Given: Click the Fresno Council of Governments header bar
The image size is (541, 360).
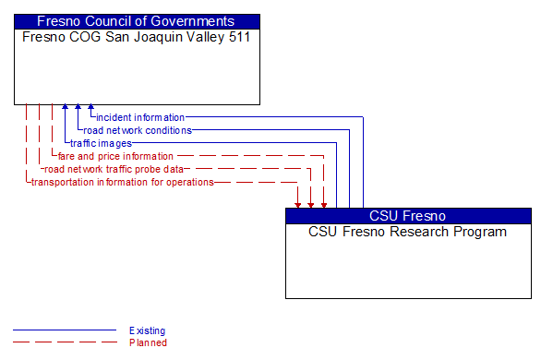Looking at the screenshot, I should click(137, 21).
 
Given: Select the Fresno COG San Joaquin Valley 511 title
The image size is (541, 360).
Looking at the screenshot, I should click(136, 38).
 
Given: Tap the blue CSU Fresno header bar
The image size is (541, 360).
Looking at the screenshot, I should click(408, 216).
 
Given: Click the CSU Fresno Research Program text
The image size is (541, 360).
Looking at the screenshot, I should click(407, 232).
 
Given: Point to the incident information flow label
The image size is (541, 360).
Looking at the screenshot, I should click(140, 117).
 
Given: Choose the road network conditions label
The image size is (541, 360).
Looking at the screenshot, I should click(138, 130).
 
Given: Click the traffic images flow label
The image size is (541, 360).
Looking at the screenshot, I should click(101, 143).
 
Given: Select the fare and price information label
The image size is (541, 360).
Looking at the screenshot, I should click(115, 156).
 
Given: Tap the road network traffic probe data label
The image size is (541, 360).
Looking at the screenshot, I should click(114, 169).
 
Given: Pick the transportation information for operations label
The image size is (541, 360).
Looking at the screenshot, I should click(123, 182).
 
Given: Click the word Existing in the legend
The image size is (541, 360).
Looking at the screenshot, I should click(148, 330).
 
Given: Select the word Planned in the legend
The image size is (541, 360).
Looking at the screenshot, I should click(148, 342).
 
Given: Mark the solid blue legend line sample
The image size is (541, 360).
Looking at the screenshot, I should click(65, 330).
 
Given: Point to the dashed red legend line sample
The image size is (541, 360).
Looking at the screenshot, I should click(65, 342).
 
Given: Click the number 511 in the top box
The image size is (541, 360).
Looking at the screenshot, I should click(239, 38).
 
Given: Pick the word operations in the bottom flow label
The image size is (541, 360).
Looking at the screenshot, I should click(191, 182).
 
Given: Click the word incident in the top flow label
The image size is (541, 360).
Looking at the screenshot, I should click(114, 117).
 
